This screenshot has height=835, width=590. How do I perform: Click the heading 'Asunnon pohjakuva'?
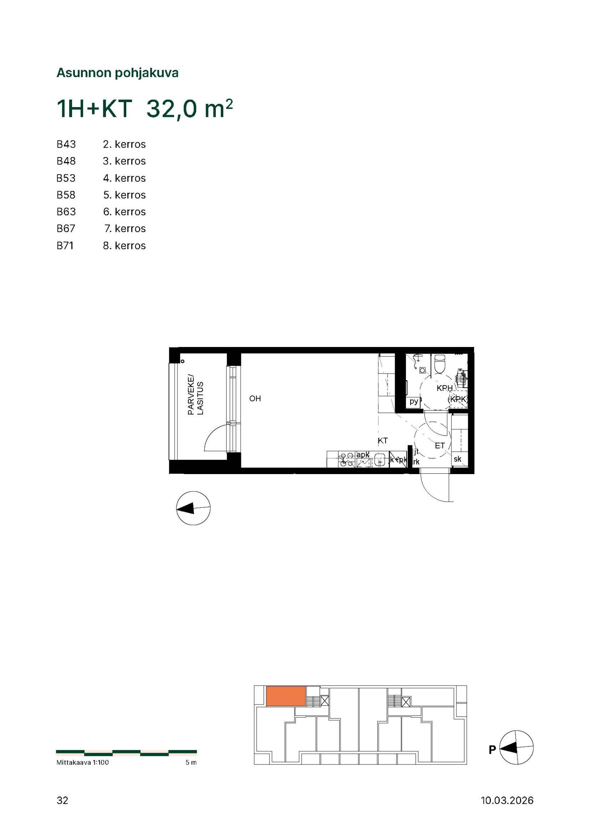point(117,73)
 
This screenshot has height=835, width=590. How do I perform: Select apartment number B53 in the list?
point(66,178)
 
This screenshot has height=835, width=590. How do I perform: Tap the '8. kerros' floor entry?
point(125,246)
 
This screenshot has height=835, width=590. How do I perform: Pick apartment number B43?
point(66,144)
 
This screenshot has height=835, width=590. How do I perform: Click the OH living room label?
point(255,399)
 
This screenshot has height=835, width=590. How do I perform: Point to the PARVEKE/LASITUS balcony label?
point(195,394)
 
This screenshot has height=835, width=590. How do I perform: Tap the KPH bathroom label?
point(445,388)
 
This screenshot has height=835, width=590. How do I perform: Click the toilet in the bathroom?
point(440,364)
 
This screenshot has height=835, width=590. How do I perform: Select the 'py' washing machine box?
point(413,402)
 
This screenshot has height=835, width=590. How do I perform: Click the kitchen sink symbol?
point(380,459)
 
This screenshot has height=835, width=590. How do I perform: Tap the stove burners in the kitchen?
point(347,459)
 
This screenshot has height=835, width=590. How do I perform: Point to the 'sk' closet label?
point(457,459)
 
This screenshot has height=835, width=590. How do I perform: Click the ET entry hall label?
point(440,446)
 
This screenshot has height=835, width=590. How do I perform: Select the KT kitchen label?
point(383,441)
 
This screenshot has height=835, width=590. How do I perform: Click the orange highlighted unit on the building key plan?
point(286,696)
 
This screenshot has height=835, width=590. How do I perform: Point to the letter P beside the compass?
point(492,750)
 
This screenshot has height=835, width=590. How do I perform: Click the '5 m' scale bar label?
point(191,762)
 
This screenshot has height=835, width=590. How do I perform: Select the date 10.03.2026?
point(507,800)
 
